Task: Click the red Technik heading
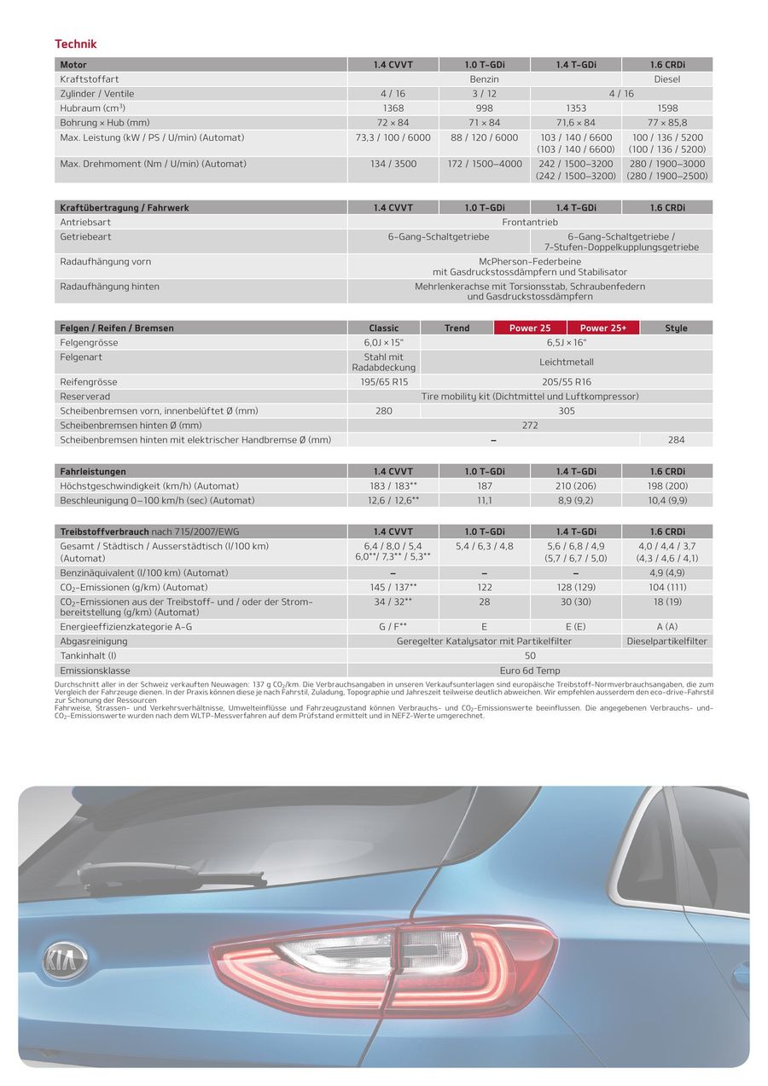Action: (76, 44)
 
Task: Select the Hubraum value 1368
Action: (393, 108)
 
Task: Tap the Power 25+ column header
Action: (603, 328)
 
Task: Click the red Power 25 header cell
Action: (530, 328)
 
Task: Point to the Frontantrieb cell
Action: (530, 222)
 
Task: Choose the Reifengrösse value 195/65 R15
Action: (384, 382)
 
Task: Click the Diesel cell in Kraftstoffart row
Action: (667, 79)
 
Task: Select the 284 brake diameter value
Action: (676, 440)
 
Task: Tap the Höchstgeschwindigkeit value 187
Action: (485, 486)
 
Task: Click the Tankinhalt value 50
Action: (530, 656)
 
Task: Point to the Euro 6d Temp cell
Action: (530, 671)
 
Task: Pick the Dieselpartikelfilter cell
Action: (667, 642)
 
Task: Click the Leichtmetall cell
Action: (567, 362)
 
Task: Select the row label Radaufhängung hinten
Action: (109, 287)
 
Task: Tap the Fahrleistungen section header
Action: (93, 472)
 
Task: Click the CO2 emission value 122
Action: (485, 588)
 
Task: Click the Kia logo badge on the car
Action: (65, 959)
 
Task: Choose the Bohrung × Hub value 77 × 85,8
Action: (667, 123)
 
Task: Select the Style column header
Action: (676, 328)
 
